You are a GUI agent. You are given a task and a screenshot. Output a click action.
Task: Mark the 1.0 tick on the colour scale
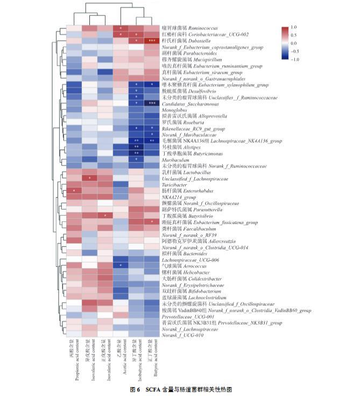tap(293, 26)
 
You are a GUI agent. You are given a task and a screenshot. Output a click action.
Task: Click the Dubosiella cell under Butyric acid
tap(152, 40)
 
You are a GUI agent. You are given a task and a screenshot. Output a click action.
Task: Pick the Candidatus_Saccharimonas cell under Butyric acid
tap(152, 103)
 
